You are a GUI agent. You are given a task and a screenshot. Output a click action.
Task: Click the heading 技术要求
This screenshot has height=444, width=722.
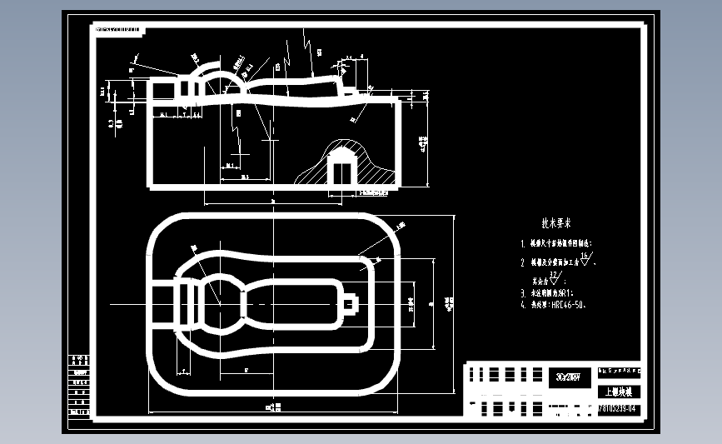[x=556, y=223]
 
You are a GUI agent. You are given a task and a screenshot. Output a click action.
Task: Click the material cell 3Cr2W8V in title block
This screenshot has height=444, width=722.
[x=572, y=374]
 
